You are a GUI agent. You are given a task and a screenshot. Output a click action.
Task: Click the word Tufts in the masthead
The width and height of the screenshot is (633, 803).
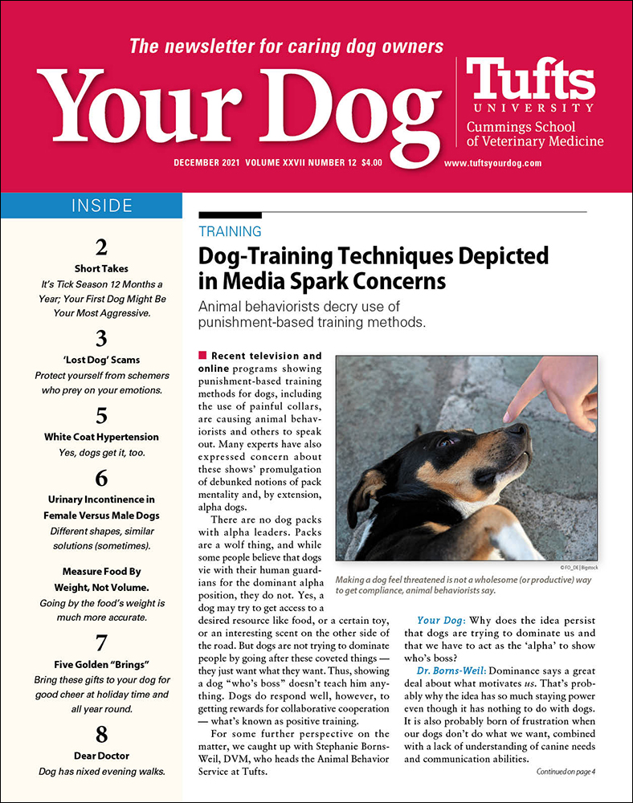(x=530, y=82)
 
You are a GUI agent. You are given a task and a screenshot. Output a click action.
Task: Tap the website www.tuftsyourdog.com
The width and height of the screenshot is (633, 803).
(x=492, y=162)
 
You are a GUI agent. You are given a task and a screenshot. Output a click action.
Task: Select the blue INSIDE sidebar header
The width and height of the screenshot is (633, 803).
(x=91, y=206)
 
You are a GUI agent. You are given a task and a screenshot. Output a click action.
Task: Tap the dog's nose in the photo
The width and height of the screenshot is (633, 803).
(x=518, y=432)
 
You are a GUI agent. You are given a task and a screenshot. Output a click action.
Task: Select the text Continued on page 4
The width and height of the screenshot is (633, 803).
(x=570, y=772)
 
